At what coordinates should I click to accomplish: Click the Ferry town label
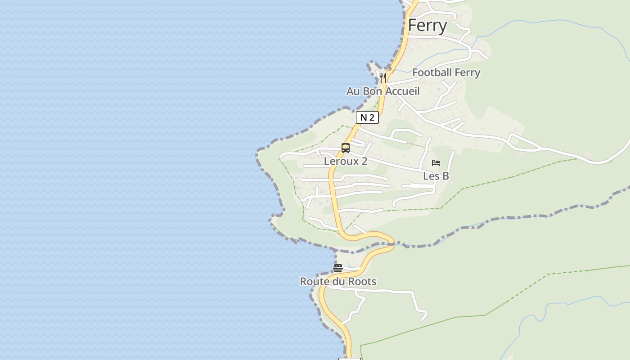click(x=427, y=26)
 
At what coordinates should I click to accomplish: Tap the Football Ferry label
click(x=446, y=72)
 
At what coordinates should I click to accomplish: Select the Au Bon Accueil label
click(x=382, y=91)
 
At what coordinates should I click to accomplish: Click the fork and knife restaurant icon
click(x=382, y=77)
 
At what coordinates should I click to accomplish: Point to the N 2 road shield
click(x=367, y=118)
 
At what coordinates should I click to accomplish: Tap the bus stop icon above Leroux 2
click(x=346, y=148)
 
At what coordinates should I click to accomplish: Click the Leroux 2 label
click(x=346, y=161)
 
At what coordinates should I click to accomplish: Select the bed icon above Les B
click(x=436, y=163)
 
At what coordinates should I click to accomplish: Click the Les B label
click(x=436, y=176)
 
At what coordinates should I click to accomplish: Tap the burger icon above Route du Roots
click(x=338, y=268)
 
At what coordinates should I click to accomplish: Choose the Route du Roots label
click(x=338, y=282)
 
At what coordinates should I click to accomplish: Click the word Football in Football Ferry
click(x=432, y=72)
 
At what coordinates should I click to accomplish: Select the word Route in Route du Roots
click(x=314, y=282)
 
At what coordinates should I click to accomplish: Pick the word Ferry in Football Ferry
click(x=467, y=72)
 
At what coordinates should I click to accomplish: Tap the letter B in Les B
click(x=445, y=176)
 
